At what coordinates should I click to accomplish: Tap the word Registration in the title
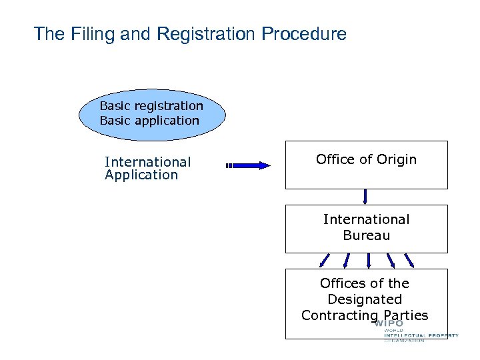199,34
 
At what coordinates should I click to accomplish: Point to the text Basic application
149,121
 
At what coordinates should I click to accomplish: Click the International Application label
147,168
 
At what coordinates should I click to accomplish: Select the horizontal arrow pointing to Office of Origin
248,166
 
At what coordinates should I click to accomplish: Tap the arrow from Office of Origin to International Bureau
365,196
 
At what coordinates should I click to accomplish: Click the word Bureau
366,235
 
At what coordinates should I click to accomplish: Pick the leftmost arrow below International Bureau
324,260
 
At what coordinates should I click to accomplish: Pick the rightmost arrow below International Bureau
409,260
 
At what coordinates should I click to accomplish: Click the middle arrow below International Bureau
368,260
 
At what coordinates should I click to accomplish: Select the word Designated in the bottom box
365,299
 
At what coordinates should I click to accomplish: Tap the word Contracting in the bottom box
339,315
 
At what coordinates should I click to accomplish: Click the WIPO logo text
389,324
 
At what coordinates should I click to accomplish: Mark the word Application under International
141,175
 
